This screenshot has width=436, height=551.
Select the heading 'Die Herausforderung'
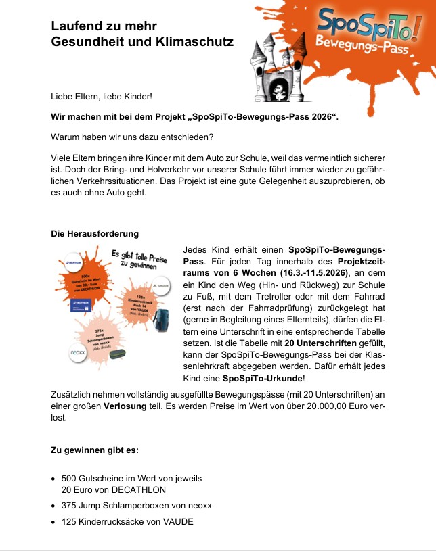coord(95,234)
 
